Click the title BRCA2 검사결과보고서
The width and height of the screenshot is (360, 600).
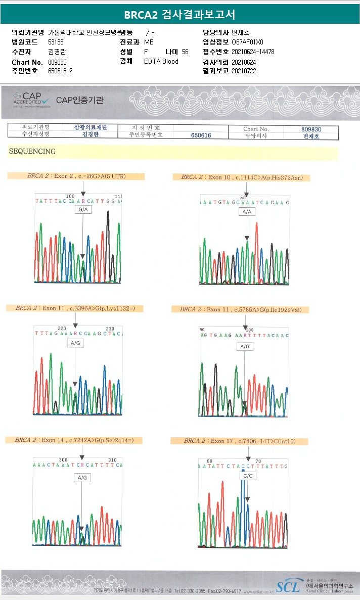[179, 14]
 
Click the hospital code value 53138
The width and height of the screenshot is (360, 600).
[56, 42]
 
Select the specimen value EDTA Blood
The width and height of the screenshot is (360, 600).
[161, 61]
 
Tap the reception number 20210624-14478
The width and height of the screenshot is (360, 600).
[253, 52]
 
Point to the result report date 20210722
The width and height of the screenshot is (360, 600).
[244, 71]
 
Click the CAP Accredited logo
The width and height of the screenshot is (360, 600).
[31, 100]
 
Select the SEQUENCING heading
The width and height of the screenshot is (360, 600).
[32, 151]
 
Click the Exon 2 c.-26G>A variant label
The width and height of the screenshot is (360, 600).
[76, 176]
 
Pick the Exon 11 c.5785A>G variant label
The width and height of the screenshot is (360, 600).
[244, 309]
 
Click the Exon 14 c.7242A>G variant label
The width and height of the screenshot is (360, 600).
[74, 440]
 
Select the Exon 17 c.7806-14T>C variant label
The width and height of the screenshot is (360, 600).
[239, 441]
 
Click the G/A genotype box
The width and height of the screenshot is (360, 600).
[83, 209]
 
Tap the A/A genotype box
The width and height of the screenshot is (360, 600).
[247, 212]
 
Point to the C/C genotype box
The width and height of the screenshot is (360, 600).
[248, 476]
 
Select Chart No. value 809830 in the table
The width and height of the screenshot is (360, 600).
[311, 129]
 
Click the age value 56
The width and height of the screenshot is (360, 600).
[185, 52]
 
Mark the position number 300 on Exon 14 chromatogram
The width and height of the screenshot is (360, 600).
[63, 459]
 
